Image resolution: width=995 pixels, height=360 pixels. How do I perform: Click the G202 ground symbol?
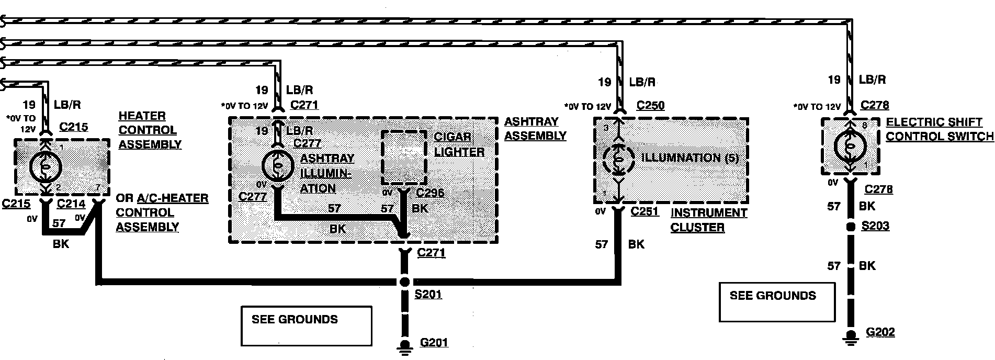(851, 336)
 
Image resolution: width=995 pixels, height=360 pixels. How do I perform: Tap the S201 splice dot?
(404, 282)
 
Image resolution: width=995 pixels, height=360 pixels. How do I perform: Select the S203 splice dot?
(851, 227)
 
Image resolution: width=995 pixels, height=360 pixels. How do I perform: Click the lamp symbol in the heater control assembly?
(46, 167)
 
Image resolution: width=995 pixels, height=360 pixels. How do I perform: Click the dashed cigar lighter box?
(404, 157)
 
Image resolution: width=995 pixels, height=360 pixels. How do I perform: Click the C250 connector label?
(650, 106)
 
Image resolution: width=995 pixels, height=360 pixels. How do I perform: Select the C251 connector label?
(645, 211)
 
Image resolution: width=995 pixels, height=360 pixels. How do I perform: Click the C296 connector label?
(430, 193)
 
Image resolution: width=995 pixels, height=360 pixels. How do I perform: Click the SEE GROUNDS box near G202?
(776, 302)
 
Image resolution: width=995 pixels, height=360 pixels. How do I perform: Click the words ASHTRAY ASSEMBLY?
(535, 129)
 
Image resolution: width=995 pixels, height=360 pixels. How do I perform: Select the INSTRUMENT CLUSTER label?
(709, 220)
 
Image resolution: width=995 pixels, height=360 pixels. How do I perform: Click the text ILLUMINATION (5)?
(689, 158)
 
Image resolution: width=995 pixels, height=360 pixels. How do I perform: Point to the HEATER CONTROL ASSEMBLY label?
(150, 130)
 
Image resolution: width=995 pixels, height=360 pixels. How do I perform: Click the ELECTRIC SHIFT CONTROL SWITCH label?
(939, 129)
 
